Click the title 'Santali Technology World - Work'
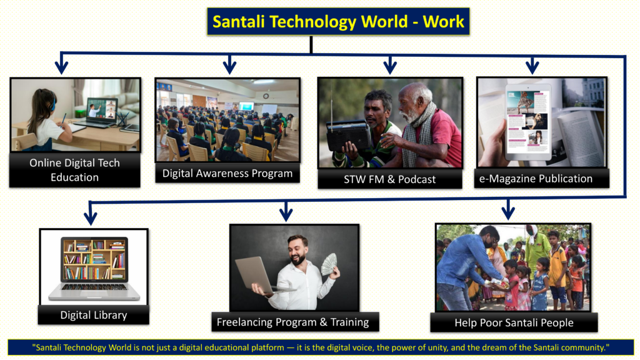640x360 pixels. point(338,22)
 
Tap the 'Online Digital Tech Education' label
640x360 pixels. point(75,170)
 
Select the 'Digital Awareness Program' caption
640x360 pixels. point(227,174)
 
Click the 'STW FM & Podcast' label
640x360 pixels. point(390,179)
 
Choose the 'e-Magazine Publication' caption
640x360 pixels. point(536,178)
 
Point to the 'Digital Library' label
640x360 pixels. point(94,315)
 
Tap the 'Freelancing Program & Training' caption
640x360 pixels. point(292,322)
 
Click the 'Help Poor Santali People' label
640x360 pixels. point(514,322)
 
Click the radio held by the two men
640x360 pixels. point(349,135)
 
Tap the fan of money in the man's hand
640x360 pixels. point(329,264)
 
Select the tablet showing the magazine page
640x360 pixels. point(528,122)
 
